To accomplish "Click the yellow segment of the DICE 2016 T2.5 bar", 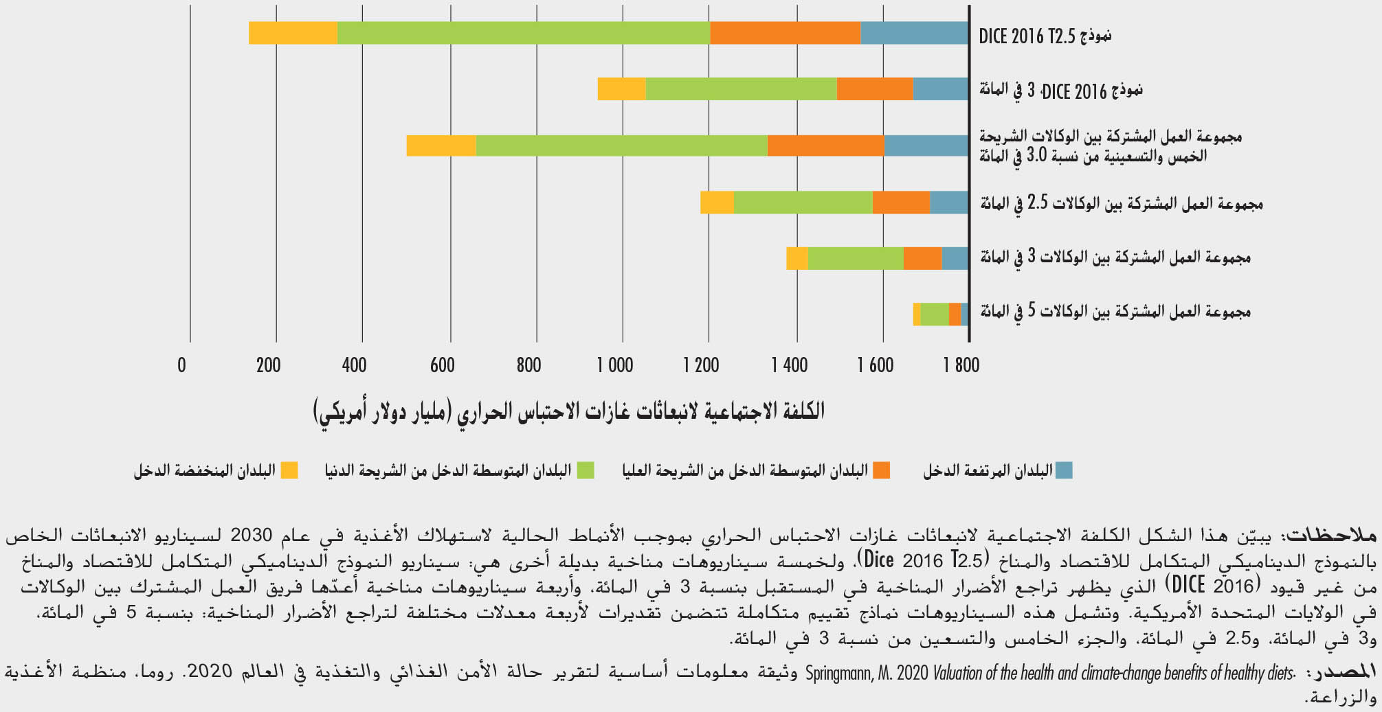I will (293, 33).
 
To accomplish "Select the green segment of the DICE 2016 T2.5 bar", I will (523, 33).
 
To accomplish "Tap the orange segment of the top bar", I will (785, 33).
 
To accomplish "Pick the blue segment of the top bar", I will (914, 33).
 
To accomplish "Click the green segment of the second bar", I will (741, 89).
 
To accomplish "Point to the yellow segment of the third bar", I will (441, 146).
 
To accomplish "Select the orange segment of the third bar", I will (825, 146).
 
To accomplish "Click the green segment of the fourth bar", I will (803, 203).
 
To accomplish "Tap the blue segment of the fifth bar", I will (955, 257).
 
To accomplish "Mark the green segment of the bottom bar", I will (934, 314).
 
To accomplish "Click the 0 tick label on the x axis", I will (181, 365).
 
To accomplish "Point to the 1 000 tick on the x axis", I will (615, 365).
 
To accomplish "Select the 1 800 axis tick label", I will (961, 365).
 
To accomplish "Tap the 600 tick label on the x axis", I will (443, 365).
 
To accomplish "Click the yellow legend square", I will (289, 470).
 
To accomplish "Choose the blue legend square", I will (1064, 470).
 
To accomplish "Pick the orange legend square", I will (881, 470).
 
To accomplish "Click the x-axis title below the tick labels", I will (569, 411).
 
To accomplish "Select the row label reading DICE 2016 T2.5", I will (1045, 36).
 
